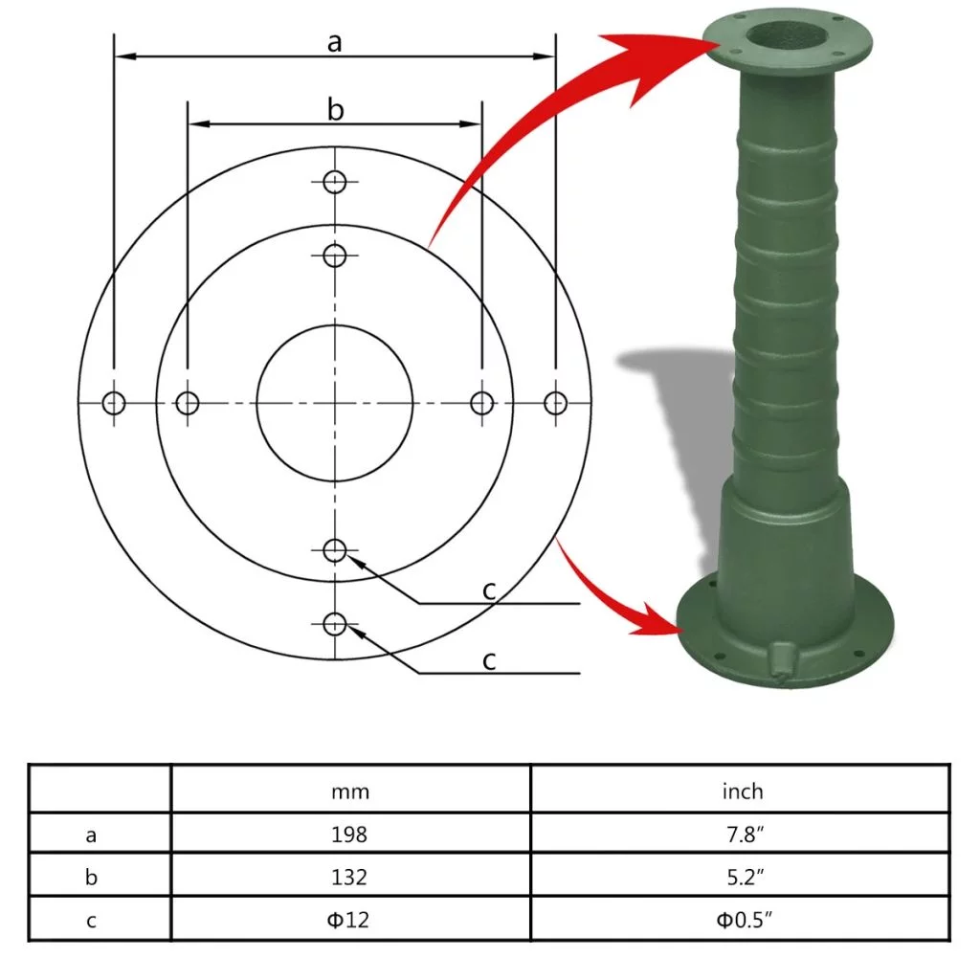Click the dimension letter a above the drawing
pyautogui.click(x=334, y=42)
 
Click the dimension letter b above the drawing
pyautogui.click(x=335, y=110)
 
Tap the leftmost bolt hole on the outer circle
pyautogui.click(x=114, y=403)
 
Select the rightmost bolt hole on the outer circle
pyautogui.click(x=555, y=403)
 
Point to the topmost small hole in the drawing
pyautogui.click(x=334, y=182)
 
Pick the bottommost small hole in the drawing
pyautogui.click(x=334, y=625)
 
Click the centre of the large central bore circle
pyautogui.click(x=335, y=403)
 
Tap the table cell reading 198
pyautogui.click(x=350, y=835)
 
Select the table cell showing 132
pyautogui.click(x=350, y=878)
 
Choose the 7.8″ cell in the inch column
pyautogui.click(x=743, y=835)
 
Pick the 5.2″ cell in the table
pyautogui.click(x=743, y=878)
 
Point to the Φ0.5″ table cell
pyautogui.click(x=743, y=921)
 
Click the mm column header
pyautogui.click(x=350, y=791)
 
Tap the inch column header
pyautogui.click(x=743, y=791)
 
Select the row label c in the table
pyautogui.click(x=91, y=921)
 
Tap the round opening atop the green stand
pyautogui.click(x=786, y=33)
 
